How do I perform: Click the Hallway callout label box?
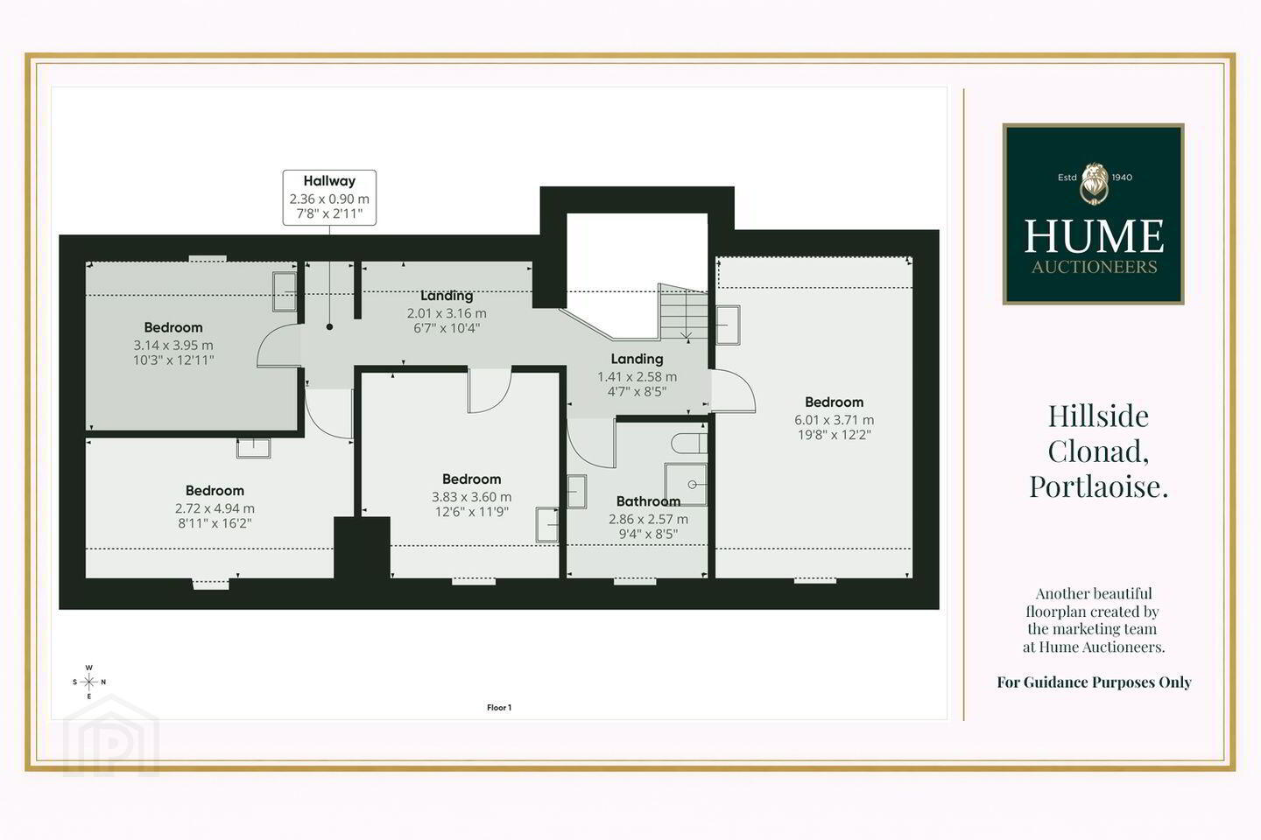(x=329, y=198)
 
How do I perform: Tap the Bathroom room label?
(x=648, y=500)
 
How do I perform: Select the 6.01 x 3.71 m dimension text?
(x=834, y=420)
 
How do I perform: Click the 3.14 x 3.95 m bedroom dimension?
(x=173, y=345)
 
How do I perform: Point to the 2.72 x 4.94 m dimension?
(x=215, y=508)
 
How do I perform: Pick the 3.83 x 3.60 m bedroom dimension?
(x=471, y=497)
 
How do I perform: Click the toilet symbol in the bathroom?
(x=689, y=444)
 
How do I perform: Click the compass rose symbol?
(x=89, y=682)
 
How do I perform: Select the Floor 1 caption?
(x=499, y=707)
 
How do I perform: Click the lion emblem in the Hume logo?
(x=1093, y=184)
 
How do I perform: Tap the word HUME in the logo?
(x=1093, y=236)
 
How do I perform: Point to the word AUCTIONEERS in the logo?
(x=1094, y=267)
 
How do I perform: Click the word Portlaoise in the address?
(x=1098, y=486)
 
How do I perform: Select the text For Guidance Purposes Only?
(x=1094, y=682)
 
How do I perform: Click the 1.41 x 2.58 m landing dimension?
(x=637, y=376)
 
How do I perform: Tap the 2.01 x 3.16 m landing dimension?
(x=447, y=313)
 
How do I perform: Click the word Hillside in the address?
(x=1098, y=416)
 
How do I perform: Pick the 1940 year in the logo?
(x=1122, y=178)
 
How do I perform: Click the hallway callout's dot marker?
(x=329, y=327)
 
